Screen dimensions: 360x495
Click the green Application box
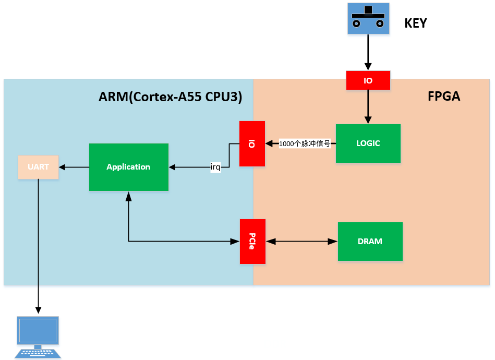pyautogui.click(x=128, y=167)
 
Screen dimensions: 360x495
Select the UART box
pyautogui.click(x=38, y=167)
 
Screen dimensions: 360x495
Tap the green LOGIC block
pyautogui.click(x=368, y=143)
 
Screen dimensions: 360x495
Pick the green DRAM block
pyautogui.click(x=370, y=242)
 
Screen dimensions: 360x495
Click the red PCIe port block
pyautogui.click(x=252, y=241)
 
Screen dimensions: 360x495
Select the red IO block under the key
pyautogui.click(x=368, y=80)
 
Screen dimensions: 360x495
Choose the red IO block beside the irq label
pyautogui.click(x=252, y=144)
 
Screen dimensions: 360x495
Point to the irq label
pyautogui.click(x=215, y=167)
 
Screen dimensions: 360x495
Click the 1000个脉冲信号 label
pyautogui.click(x=305, y=143)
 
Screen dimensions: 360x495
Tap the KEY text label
pyautogui.click(x=416, y=23)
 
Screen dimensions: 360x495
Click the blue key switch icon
pyautogui.click(x=368, y=19)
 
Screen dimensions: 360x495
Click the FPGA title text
pyautogui.click(x=444, y=97)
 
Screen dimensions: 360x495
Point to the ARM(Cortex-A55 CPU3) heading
pyautogui.click(x=171, y=97)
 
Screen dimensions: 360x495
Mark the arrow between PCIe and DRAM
pyautogui.click(x=301, y=242)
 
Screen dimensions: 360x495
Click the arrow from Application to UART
pyautogui.click(x=74, y=167)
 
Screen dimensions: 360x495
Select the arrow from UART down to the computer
pyautogui.click(x=38, y=245)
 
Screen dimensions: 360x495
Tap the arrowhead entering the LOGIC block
pyautogui.click(x=368, y=120)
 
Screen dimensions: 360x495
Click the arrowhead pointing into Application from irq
pyautogui.click(x=172, y=167)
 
